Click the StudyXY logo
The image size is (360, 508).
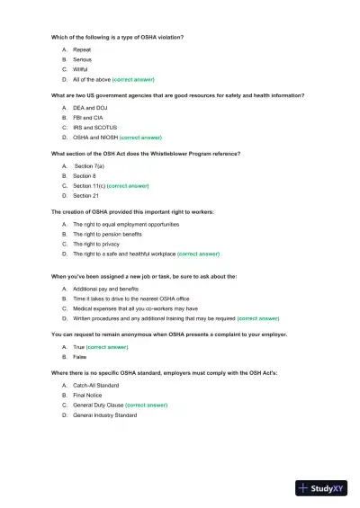[324, 488]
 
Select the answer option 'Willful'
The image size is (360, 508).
[80, 69]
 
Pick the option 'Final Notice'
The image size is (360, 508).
[90, 396]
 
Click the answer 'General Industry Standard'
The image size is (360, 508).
[104, 415]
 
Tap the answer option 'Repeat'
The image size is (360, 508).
[81, 49]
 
